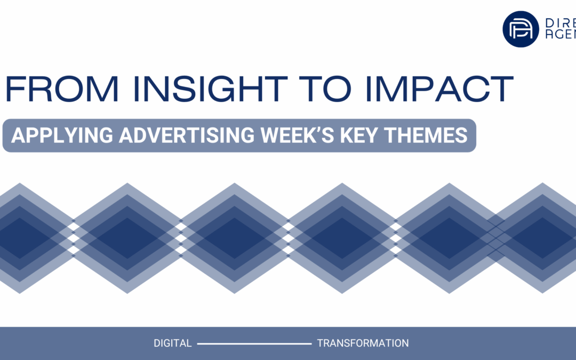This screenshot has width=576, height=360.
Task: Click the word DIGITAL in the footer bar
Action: [172, 343]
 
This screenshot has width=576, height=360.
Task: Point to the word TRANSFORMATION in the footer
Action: [363, 343]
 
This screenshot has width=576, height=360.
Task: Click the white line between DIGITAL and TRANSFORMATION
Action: [254, 344]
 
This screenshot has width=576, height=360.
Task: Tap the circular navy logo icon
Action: [521, 29]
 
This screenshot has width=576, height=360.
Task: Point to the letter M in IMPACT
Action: [400, 90]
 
